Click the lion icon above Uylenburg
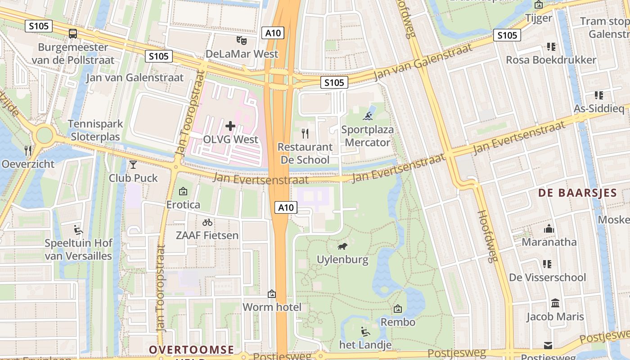(x=342, y=246)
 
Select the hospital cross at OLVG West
(x=230, y=126)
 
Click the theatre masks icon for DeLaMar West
(x=242, y=40)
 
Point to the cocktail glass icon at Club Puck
(x=133, y=165)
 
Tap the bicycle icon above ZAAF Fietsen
(x=207, y=222)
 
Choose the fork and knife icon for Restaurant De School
(x=305, y=133)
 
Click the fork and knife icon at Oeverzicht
(x=28, y=150)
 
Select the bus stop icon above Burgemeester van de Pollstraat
(x=72, y=33)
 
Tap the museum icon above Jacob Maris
(x=555, y=303)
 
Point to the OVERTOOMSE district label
(x=191, y=350)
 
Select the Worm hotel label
(x=272, y=307)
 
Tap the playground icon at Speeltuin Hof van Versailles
(x=78, y=230)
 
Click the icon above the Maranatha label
(x=549, y=229)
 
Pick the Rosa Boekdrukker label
(x=551, y=60)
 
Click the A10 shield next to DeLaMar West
(x=273, y=32)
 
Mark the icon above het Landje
(x=365, y=332)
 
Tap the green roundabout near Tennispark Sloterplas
(x=45, y=135)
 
